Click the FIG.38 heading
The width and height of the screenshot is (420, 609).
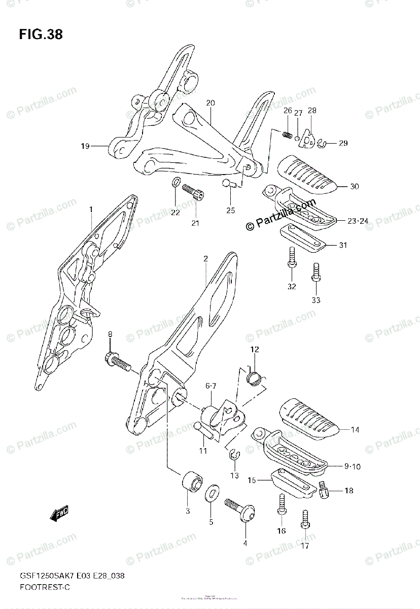(41, 35)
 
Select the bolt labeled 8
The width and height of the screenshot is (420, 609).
(118, 361)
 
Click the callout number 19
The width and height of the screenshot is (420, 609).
(85, 147)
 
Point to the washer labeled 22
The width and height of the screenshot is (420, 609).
(176, 183)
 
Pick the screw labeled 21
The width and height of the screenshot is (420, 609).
(193, 191)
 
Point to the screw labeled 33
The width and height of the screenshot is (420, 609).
(316, 273)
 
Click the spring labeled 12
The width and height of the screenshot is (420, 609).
(255, 377)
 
